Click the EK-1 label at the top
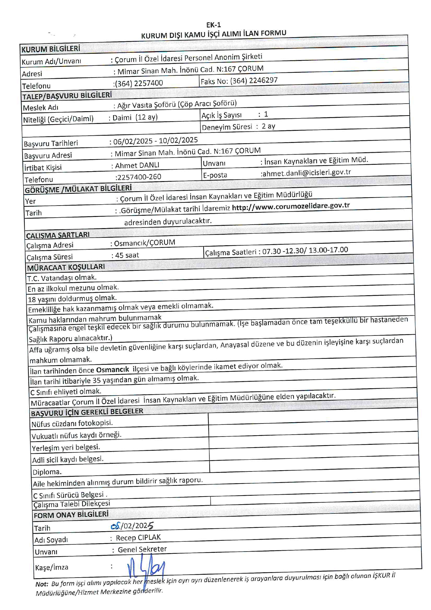tap(213, 25)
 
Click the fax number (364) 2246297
tap(254, 80)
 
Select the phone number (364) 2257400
tap(139, 83)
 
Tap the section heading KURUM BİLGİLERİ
tap(51, 49)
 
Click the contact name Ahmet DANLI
tap(137, 165)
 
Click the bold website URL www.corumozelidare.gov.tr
tap(291, 206)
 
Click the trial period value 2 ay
tap(268, 126)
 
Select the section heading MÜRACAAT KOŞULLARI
tap(66, 267)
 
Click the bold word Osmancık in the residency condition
tap(112, 369)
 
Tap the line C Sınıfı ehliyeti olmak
tap(66, 392)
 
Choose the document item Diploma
tap(47, 472)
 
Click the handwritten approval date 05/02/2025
tap(132, 526)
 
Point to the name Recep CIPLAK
tap(138, 538)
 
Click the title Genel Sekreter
tap(142, 549)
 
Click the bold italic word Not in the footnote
tap(41, 584)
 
